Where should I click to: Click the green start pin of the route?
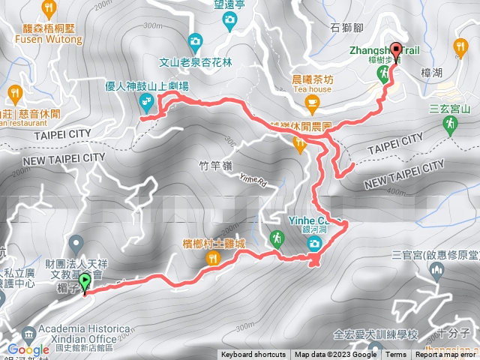tap(84, 283)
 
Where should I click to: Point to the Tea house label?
tap(314, 88)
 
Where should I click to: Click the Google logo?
tap(28, 349)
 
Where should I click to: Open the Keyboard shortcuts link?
tap(253, 355)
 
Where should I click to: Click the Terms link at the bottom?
tap(396, 355)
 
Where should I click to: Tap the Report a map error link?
tap(447, 355)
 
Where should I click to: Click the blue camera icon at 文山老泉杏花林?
tap(195, 40)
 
